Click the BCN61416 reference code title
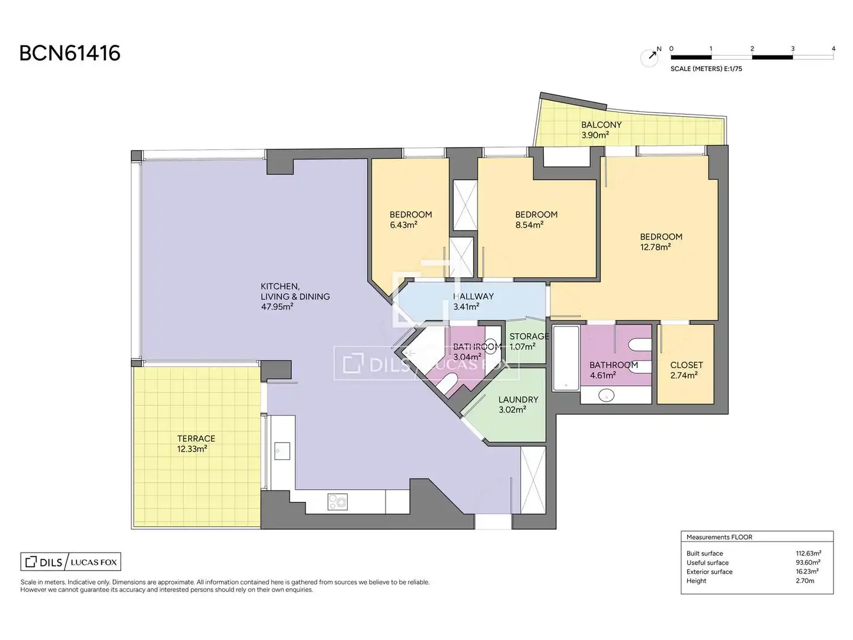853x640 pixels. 70,53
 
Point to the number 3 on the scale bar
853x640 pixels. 793,49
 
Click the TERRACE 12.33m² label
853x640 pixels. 196,443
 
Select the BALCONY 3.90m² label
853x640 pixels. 601,130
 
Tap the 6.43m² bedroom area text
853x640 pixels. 403,225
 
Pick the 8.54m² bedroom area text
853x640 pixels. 530,225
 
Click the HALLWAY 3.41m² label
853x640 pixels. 473,301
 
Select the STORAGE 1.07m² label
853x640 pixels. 529,341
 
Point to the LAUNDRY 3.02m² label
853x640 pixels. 518,404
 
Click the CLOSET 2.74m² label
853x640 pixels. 687,370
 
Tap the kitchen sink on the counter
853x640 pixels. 282,450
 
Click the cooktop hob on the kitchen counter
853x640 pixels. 337,501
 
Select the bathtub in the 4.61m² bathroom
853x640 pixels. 566,358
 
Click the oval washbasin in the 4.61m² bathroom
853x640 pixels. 606,396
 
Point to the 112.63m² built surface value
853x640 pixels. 809,553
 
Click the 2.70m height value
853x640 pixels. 805,581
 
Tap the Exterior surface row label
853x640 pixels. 709,572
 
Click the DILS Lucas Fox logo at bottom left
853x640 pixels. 70,562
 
